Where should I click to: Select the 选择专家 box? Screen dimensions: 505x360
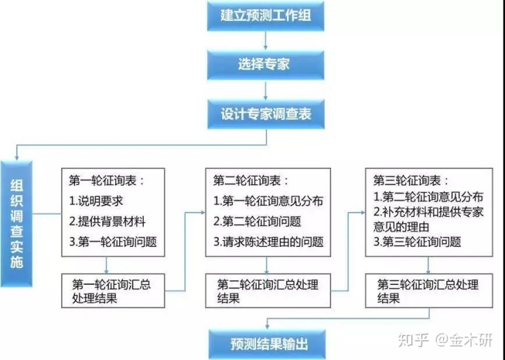pos(266,65)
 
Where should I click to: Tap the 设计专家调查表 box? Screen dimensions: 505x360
pos(266,113)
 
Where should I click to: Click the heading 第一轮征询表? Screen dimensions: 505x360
pos(107,180)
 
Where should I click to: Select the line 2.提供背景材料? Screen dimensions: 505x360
pos(107,222)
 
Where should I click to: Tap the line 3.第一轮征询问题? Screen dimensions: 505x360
pos(113,242)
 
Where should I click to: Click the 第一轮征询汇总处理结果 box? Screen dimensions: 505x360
pos(113,291)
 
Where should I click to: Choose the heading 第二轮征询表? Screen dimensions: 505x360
pos(251,180)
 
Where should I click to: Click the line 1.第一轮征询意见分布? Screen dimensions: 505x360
pos(268,201)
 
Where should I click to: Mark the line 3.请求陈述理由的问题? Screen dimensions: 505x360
pos(268,242)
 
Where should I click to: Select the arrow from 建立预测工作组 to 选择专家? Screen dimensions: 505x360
pos(266,40)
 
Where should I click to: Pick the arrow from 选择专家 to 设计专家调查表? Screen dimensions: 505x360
pos(266,88)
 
